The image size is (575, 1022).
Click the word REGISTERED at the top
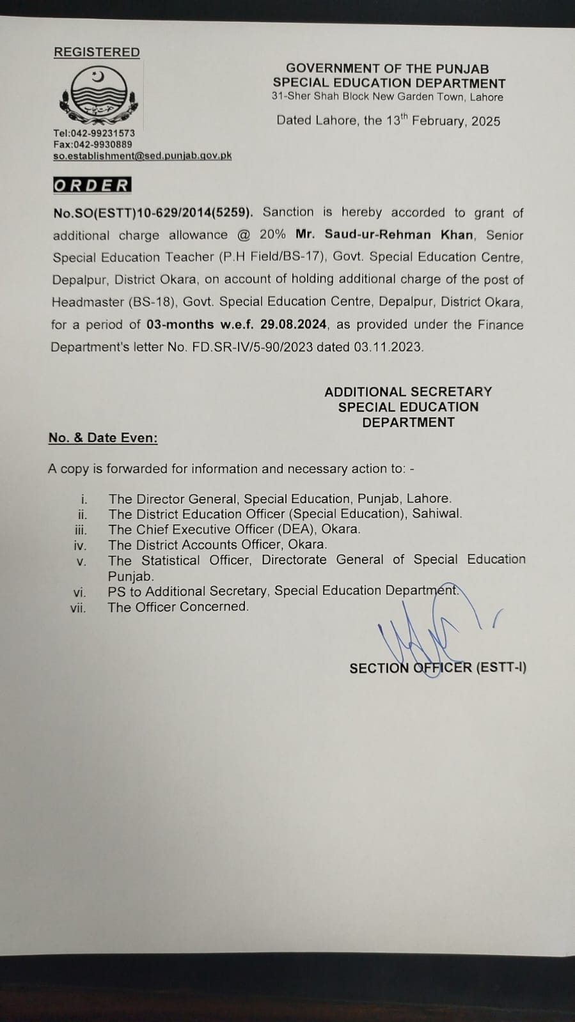point(97,52)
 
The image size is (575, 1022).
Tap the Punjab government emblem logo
point(97,96)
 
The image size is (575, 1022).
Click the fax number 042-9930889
point(102,144)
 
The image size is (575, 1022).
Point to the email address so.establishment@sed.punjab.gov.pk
point(142,155)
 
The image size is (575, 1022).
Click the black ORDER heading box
point(92,185)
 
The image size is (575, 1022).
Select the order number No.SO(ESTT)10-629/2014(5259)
point(153,213)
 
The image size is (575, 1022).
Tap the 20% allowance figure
point(272,235)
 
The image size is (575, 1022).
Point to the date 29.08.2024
point(294,324)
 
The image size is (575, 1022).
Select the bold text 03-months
point(180,324)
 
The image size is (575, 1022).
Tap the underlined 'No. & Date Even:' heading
point(103,438)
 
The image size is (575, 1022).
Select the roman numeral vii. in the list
point(78,608)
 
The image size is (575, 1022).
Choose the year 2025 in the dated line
point(486,121)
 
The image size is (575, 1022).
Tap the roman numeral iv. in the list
point(79,545)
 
